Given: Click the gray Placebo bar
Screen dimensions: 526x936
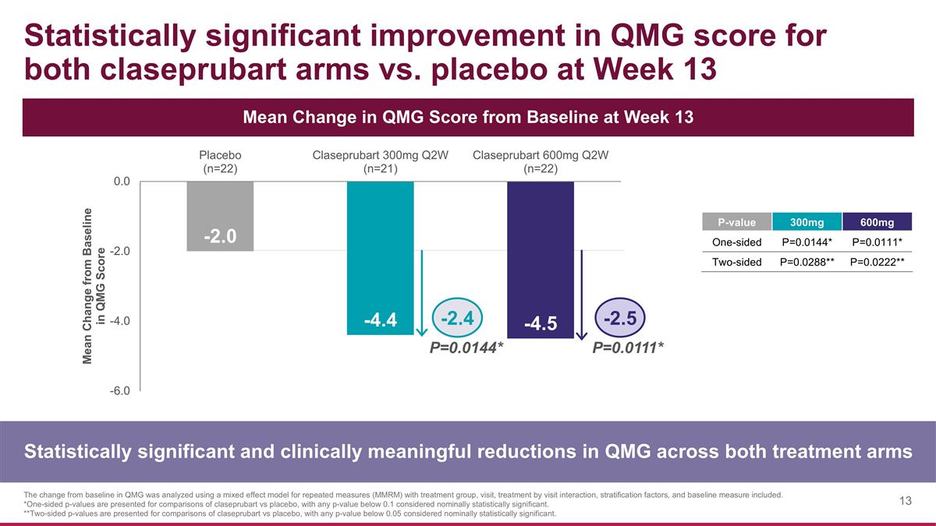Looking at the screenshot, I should point(220,216).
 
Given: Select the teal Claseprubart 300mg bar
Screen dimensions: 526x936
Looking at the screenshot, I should point(380,257).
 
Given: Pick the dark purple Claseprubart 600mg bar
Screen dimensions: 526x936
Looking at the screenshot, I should point(541,259).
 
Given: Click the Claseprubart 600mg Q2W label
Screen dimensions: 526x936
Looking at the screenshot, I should point(541,162).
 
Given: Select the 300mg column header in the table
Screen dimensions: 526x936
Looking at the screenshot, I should point(807,223).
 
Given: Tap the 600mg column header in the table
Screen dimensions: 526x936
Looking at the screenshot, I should point(877,223).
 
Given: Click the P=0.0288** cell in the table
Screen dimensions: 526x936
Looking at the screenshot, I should point(807,262).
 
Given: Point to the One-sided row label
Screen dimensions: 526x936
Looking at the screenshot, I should point(737,242).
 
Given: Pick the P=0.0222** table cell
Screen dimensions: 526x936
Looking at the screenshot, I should point(877,262).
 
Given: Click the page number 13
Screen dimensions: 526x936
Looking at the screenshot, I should point(905,501).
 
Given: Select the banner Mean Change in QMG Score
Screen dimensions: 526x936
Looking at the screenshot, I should point(468,117).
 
